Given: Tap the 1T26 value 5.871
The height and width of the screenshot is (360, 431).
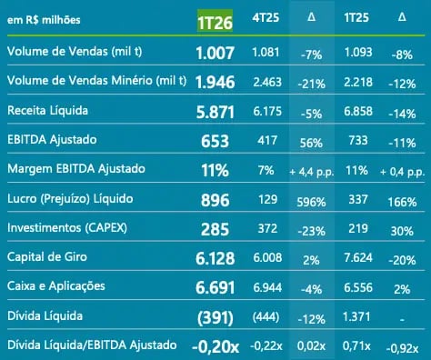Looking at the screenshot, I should point(215,111).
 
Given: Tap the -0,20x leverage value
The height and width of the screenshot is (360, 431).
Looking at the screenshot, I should point(215,346).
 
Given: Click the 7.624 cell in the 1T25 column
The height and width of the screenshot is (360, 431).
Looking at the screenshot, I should point(356,259).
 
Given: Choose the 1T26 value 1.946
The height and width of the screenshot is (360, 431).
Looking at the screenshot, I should point(215,81).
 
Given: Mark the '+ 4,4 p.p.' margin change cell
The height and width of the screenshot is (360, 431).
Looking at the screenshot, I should point(312,171).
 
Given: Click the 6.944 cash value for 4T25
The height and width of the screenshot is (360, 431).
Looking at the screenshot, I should point(266,288).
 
